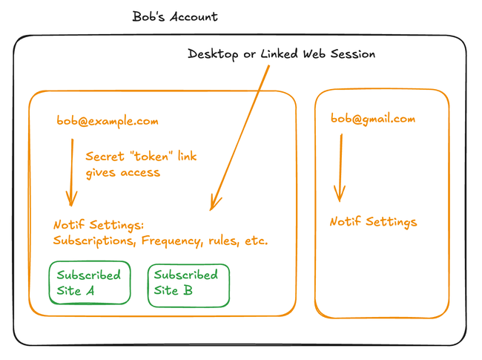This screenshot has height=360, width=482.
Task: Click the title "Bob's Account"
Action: [x=175, y=16]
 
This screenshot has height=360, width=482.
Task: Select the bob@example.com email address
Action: [x=108, y=121]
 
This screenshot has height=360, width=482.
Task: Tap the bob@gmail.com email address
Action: [x=372, y=119]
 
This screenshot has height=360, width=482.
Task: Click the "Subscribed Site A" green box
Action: [x=89, y=283]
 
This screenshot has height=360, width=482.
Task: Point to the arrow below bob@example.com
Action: [x=72, y=171]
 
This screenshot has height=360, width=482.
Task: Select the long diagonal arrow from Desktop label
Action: [x=237, y=134]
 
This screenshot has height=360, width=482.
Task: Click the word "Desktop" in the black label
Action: [x=214, y=54]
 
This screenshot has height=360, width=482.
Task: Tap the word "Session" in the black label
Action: [x=351, y=54]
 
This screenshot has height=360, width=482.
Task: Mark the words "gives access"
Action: [x=122, y=172]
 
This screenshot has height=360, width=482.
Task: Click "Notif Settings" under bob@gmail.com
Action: [x=373, y=222]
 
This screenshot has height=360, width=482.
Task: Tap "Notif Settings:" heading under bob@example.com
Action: [x=98, y=225]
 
